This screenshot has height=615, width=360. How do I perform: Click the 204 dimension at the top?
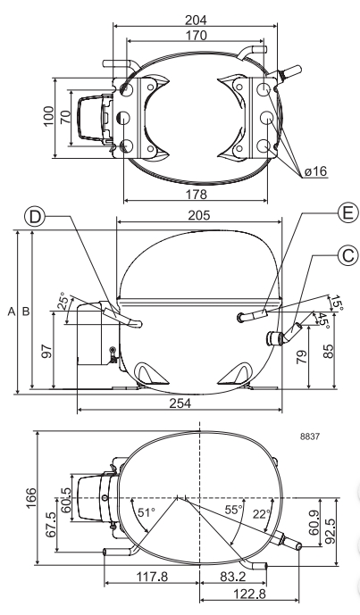coord(196,20)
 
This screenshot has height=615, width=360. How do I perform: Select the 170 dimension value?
coord(196,36)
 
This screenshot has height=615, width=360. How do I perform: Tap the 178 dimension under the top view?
coord(196,194)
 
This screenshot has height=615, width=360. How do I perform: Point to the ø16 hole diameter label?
coord(315,171)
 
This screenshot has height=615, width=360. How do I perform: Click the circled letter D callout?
coord(35,217)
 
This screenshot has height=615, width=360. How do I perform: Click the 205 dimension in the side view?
coord(199,215)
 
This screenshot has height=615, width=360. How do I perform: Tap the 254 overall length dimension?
coord(180,403)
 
